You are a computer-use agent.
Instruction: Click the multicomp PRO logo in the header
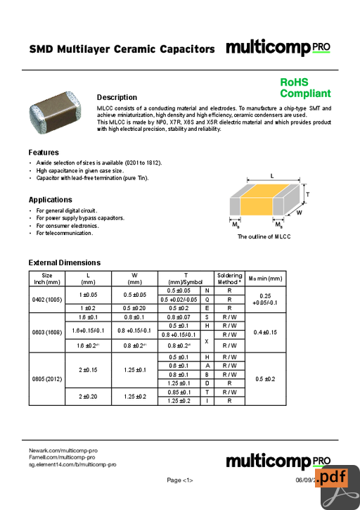[x=278, y=48]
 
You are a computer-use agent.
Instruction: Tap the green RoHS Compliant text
[x=305, y=88]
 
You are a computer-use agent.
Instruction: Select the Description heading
[x=117, y=97]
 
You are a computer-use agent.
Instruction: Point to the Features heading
[x=44, y=153]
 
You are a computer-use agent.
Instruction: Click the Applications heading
[x=51, y=200]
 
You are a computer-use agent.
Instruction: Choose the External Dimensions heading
[x=65, y=262]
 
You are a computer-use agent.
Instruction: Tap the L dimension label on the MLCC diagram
[x=271, y=177]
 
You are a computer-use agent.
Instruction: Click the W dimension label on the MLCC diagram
[x=300, y=212]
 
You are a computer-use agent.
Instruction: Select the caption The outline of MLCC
[x=264, y=237]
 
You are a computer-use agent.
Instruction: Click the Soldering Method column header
[x=229, y=279]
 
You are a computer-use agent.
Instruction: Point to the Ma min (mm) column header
[x=265, y=279]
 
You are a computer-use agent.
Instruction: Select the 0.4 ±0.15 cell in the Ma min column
[x=265, y=332]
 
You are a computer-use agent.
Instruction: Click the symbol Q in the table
[x=207, y=299]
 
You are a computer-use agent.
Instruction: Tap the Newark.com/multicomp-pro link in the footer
[x=63, y=450]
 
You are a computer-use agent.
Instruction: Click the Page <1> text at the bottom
[x=180, y=480]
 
